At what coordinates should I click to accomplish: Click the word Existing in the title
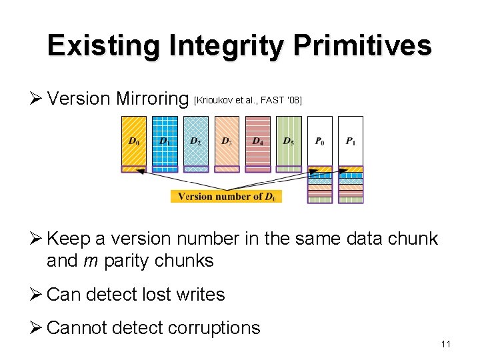(103, 46)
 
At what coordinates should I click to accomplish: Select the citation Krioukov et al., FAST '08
(247, 100)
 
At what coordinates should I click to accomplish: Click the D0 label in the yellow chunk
(134, 141)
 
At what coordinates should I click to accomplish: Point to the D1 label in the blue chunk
(165, 141)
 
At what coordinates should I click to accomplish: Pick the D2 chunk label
(196, 141)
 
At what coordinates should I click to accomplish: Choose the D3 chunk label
(227, 141)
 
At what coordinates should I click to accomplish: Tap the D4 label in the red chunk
(258, 141)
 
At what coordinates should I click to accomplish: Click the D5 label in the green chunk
(289, 141)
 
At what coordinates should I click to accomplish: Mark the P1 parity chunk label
(351, 141)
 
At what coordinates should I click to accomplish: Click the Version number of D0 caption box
(227, 196)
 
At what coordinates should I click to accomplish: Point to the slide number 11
(446, 344)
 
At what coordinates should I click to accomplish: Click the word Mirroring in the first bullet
(152, 99)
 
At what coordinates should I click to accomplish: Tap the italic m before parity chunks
(91, 261)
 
